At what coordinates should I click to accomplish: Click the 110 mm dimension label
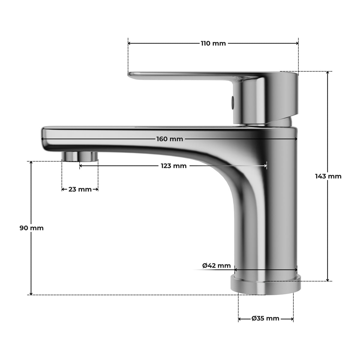click(213, 43)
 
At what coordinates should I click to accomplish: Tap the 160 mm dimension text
click(169, 139)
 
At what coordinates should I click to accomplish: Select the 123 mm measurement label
click(174, 166)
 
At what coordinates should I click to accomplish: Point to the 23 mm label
click(80, 189)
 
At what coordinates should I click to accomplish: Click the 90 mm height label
click(31, 228)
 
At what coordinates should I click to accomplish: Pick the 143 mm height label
click(328, 176)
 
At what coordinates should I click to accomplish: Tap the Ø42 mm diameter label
click(217, 265)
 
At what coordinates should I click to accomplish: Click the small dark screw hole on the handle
click(232, 103)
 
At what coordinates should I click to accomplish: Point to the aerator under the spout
click(80, 156)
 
